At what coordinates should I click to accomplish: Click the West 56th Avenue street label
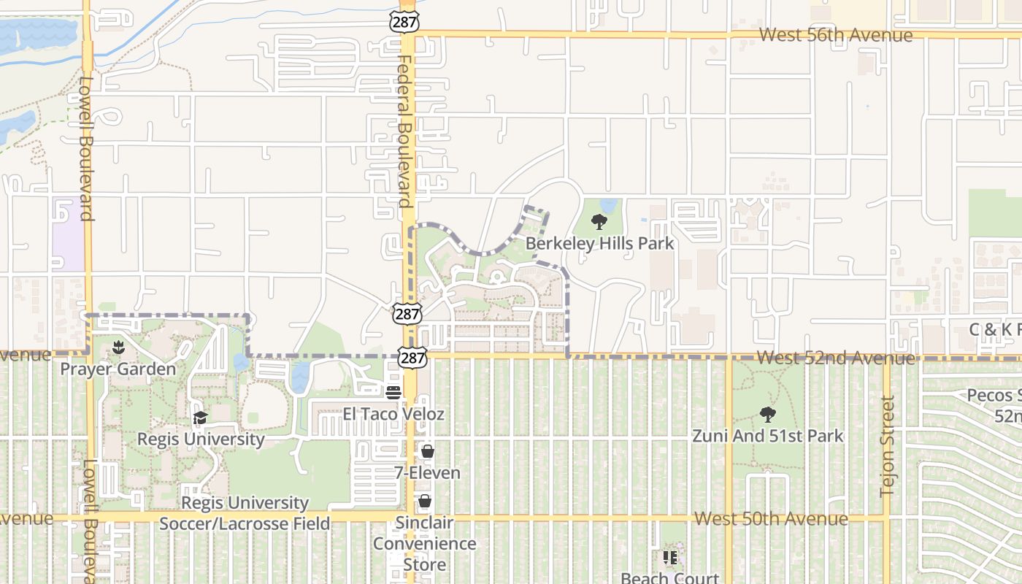pyautogui.click(x=835, y=35)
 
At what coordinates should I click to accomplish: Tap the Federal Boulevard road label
pyautogui.click(x=405, y=131)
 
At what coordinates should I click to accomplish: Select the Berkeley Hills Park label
pyautogui.click(x=599, y=243)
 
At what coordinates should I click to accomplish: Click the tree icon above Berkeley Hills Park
pyautogui.click(x=599, y=221)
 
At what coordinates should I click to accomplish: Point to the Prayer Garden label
pyautogui.click(x=118, y=369)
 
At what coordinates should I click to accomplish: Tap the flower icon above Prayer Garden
pyautogui.click(x=118, y=347)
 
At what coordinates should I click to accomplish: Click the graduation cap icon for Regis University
pyautogui.click(x=200, y=418)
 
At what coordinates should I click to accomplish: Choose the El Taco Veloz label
pyautogui.click(x=393, y=414)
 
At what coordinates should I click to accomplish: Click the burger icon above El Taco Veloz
pyautogui.click(x=393, y=393)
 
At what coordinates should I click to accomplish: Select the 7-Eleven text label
pyautogui.click(x=428, y=473)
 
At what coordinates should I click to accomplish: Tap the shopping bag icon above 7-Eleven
pyautogui.click(x=428, y=452)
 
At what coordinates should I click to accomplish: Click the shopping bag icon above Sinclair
pyautogui.click(x=424, y=502)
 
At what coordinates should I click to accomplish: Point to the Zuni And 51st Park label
pyautogui.click(x=767, y=437)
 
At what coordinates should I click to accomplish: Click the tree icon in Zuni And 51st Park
pyautogui.click(x=767, y=415)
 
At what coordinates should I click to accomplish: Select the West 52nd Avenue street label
pyautogui.click(x=835, y=358)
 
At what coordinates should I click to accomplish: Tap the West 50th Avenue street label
pyautogui.click(x=771, y=519)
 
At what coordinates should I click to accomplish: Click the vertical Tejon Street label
pyautogui.click(x=888, y=446)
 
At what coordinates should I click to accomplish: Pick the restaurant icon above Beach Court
pyautogui.click(x=670, y=558)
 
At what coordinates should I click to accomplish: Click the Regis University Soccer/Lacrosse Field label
pyautogui.click(x=245, y=513)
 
